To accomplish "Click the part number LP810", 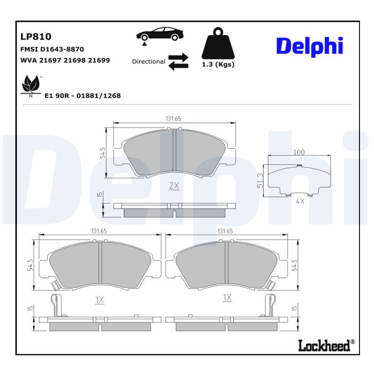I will (36, 37).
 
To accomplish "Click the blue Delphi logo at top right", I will (309, 46).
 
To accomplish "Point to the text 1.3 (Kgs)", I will (218, 65).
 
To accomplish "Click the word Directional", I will (148, 61).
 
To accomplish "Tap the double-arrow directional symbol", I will (178, 61).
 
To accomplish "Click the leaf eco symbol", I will (31, 86).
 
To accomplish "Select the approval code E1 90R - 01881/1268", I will (82, 95).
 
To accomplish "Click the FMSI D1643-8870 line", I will (52, 49).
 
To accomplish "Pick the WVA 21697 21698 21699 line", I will (65, 60).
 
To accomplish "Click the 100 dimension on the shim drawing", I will (299, 152).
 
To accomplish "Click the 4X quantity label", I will (300, 201).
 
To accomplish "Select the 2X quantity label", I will (174, 186).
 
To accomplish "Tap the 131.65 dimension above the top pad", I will (173, 119).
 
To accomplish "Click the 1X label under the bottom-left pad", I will (99, 301).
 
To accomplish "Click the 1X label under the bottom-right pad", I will (227, 297).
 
